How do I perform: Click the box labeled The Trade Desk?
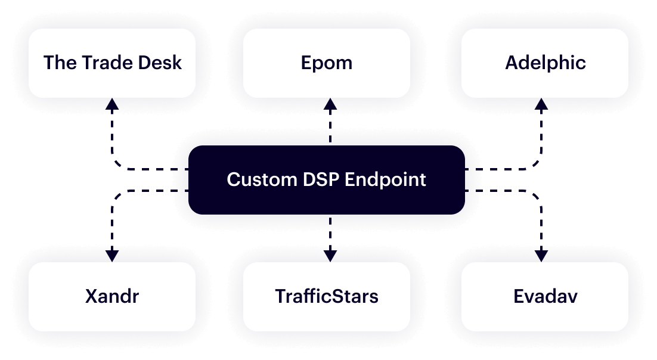coord(112,63)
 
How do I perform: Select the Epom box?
coord(327,63)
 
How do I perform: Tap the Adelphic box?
coord(545,63)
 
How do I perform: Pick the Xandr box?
coord(112,296)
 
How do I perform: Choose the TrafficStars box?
coord(327,296)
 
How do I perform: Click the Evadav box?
coord(545,296)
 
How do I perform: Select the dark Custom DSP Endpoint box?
coord(327,179)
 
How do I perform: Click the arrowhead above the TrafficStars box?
coord(330,255)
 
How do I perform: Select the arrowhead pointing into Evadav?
coord(541,255)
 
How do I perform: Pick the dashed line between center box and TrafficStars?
coord(330,232)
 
